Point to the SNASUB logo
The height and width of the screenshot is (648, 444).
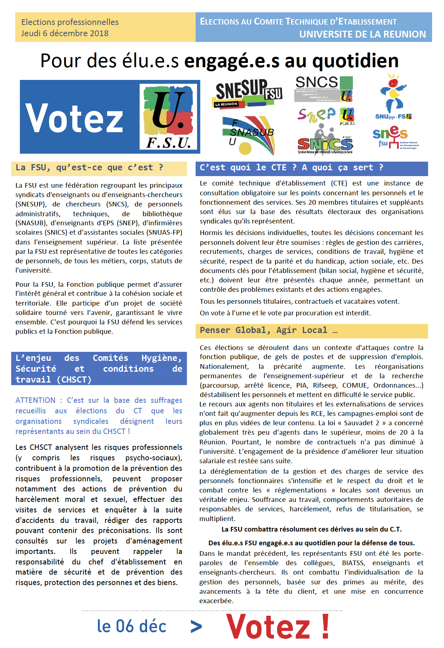[248, 135]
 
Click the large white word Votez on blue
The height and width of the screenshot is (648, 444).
[74, 118]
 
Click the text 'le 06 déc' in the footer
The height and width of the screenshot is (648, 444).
[132, 626]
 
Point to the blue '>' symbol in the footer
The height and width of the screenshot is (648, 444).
[196, 627]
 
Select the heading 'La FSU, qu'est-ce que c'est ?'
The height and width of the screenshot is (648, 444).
[89, 167]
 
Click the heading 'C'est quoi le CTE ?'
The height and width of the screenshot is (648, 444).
[248, 167]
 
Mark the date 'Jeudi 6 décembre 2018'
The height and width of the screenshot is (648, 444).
[65, 33]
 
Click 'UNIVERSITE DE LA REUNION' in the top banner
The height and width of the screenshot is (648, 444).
[362, 34]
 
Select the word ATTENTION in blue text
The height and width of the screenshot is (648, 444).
[35, 400]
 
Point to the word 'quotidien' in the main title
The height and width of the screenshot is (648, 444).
[355, 61]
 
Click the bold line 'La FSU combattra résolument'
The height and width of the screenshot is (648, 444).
[311, 529]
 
